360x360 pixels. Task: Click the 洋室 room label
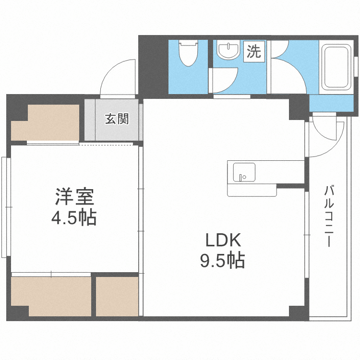[74, 196]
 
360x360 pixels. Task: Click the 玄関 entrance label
[117, 119]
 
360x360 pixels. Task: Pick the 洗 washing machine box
[253, 51]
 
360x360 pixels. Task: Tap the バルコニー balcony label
[329, 216]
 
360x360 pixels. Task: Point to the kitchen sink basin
[244, 171]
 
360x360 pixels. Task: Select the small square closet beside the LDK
[117, 296]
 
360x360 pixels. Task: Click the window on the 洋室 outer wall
[5, 206]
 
